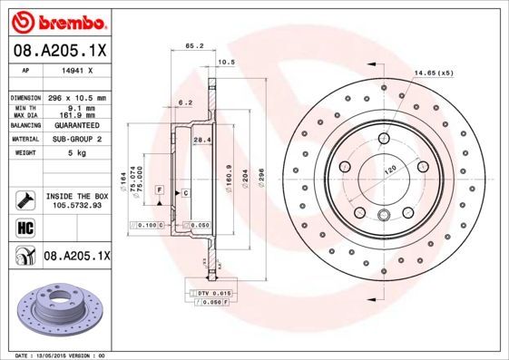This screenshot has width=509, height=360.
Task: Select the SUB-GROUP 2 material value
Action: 75,140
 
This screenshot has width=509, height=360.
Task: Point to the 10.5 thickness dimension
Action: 228,63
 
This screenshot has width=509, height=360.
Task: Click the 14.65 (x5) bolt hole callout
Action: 432,72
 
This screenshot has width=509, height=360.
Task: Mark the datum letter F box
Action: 159,188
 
